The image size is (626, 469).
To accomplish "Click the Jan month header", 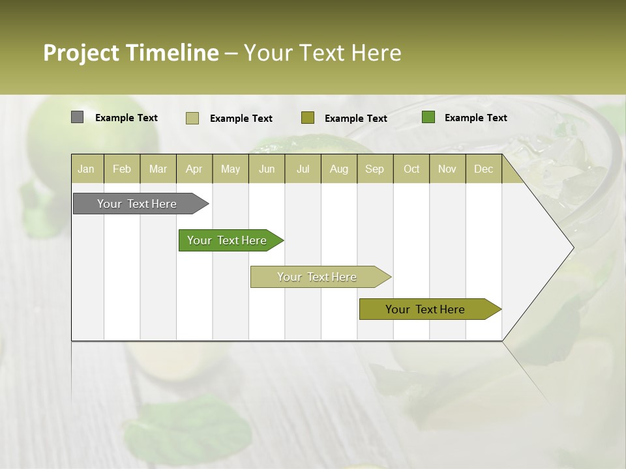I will pyautogui.click(x=86, y=169).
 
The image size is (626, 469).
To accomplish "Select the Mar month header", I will pyautogui.click(x=158, y=169).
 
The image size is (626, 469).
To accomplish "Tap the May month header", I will pyautogui.click(x=230, y=169).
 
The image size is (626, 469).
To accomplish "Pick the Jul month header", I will pyautogui.click(x=303, y=169).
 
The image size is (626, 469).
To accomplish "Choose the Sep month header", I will pyautogui.click(x=374, y=169).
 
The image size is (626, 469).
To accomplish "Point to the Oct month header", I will pyautogui.click(x=411, y=169).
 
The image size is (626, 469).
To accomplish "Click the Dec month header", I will pyautogui.click(x=483, y=169).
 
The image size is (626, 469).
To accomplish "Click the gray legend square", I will pyautogui.click(x=77, y=117).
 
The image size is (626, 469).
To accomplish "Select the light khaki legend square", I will pyautogui.click(x=192, y=118).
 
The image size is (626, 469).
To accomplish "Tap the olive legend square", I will pyautogui.click(x=308, y=117).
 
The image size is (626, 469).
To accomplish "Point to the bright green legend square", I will pyautogui.click(x=428, y=117).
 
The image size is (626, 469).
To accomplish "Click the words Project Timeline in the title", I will pyautogui.click(x=130, y=53).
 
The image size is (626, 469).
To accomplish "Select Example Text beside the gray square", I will pyautogui.click(x=127, y=118).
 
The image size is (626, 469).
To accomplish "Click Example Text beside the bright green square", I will pyautogui.click(x=475, y=118).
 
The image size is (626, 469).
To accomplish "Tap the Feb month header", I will pyautogui.click(x=122, y=169).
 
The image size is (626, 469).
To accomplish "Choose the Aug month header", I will pyautogui.click(x=338, y=169).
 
